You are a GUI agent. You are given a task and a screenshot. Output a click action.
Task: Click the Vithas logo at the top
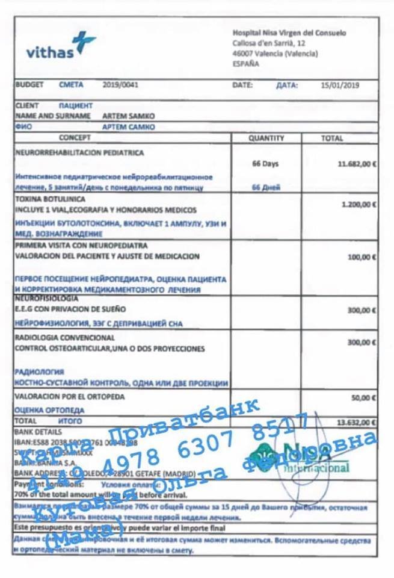pos(60,46)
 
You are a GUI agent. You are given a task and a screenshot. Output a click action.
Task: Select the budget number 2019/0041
pos(120,85)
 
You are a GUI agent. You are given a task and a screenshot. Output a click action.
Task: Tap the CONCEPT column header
pos(75,138)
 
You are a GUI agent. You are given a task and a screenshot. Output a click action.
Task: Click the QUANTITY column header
pos(266,138)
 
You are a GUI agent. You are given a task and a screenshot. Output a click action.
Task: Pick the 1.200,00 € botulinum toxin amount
pos(359,205)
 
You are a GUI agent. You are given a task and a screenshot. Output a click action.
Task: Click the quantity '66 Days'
pos(265,163)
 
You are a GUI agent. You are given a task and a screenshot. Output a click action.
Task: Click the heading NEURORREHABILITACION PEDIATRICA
pos(79,153)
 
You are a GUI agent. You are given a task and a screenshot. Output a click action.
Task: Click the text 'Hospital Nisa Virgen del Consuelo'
pos(289,34)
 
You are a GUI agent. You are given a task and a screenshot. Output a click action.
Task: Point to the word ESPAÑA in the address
pos(246,63)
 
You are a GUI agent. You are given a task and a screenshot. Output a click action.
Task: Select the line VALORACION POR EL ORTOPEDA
pos(69,397)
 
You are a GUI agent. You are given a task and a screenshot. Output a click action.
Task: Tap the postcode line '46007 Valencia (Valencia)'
pos(275,53)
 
